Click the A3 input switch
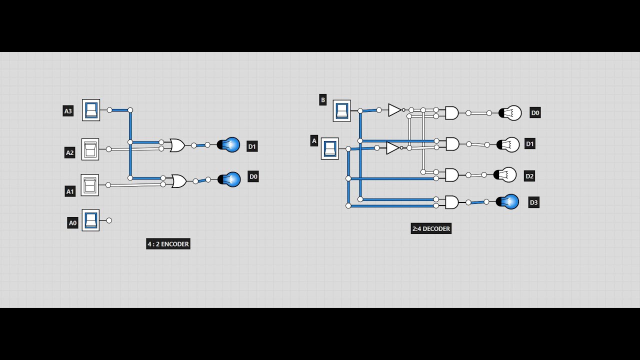(91, 110)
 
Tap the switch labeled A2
(90, 149)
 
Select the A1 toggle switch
(89, 185)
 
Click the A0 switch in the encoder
(90, 220)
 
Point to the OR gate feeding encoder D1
(177, 145)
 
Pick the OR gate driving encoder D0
(178, 181)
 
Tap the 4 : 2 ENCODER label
(168, 244)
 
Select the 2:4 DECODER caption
(431, 228)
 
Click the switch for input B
(342, 110)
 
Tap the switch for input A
(329, 148)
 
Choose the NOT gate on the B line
(395, 110)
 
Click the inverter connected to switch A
(392, 148)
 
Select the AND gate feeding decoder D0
(451, 113)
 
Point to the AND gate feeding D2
(451, 175)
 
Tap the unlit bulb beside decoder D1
(509, 144)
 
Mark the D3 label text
(533, 202)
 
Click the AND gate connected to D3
(451, 202)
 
